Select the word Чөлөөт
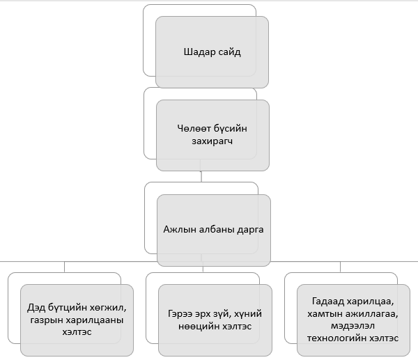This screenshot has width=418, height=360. tap(193, 128)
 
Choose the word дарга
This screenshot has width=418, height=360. tap(249, 229)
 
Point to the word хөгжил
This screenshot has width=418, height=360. tap(108, 307)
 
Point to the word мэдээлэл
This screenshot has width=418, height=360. tap(334, 326)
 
